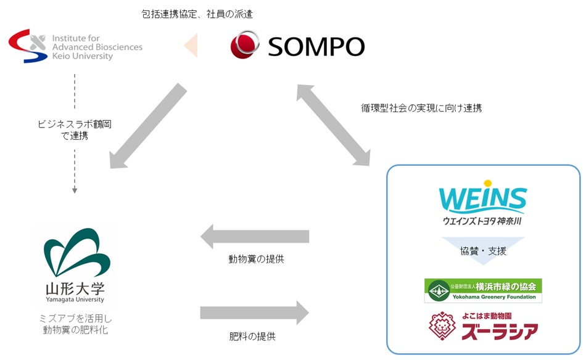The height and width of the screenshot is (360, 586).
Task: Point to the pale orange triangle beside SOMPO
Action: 191,46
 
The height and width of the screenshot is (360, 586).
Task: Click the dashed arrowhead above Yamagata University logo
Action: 75,191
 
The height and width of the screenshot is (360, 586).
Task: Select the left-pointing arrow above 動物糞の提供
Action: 254,237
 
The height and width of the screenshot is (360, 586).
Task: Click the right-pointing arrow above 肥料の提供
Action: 254,313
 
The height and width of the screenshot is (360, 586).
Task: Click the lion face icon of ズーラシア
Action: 444,327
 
